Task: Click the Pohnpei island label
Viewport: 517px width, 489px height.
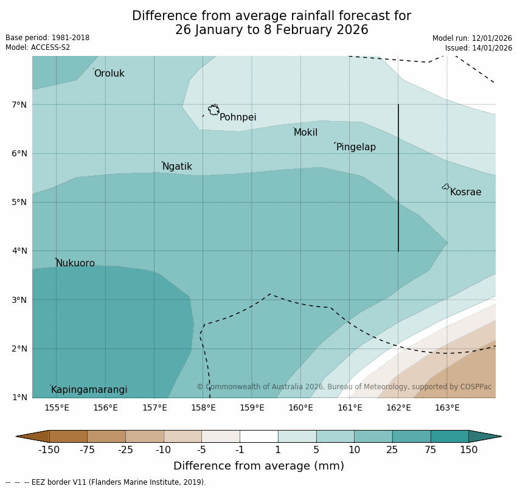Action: [x=238, y=117]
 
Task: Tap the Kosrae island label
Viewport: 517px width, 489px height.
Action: [x=465, y=192]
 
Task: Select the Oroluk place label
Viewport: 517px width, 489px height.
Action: [x=109, y=74]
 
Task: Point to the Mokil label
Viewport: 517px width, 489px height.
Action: [x=305, y=133]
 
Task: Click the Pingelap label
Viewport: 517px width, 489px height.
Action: [x=356, y=147]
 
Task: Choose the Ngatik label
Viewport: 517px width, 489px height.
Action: [x=177, y=167]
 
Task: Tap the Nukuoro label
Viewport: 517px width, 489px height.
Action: [x=75, y=263]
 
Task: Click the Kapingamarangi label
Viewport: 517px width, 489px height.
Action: [x=89, y=390]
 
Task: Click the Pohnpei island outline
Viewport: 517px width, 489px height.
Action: [x=213, y=110]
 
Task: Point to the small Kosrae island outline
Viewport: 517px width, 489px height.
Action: [x=446, y=187]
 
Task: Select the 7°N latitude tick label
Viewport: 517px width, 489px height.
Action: [x=19, y=105]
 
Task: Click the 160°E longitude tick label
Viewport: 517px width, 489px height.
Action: [x=300, y=407]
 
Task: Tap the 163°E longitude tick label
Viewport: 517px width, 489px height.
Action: [x=447, y=407]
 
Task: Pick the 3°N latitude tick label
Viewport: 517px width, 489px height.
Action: [x=19, y=300]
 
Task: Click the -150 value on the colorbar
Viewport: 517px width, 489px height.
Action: [x=49, y=450]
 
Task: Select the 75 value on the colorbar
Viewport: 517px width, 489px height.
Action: [x=431, y=450]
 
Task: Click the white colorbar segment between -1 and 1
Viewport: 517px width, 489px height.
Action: [x=258, y=436]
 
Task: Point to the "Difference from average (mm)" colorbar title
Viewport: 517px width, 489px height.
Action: [x=258, y=466]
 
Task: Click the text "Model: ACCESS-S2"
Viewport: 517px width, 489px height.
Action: [x=38, y=47]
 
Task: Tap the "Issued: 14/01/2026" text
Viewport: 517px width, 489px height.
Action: [x=478, y=48]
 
